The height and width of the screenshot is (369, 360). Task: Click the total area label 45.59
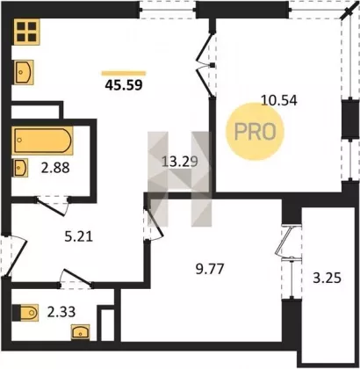[x=124, y=84]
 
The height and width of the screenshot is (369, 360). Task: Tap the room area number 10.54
[x=279, y=100]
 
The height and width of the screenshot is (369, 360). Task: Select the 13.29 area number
[x=180, y=162]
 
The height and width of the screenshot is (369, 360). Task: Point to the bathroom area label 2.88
[x=55, y=168]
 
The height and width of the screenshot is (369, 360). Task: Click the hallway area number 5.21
[x=78, y=236]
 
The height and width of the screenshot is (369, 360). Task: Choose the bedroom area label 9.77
[x=210, y=269]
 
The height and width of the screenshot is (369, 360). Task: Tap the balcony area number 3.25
[x=327, y=278]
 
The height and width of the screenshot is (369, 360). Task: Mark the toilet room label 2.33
[x=61, y=312]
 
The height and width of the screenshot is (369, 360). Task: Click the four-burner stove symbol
[x=26, y=32]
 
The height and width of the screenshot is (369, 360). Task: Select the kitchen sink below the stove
[x=24, y=72]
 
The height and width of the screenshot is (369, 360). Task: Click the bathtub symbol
[x=42, y=141]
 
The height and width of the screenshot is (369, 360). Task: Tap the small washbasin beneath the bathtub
[x=20, y=168]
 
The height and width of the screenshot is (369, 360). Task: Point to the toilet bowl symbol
[x=25, y=313]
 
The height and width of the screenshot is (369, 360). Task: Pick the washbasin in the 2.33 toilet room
[x=81, y=332]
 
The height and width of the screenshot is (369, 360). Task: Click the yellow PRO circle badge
[x=255, y=132]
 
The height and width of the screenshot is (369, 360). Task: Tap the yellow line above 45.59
[x=124, y=73]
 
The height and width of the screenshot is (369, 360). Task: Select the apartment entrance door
[x=15, y=257]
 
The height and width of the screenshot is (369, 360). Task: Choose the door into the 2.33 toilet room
[x=76, y=278]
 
